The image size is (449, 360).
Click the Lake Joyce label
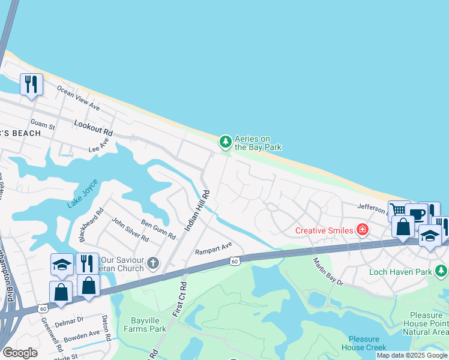coord(82,194)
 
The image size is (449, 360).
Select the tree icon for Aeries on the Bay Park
coord(225,142)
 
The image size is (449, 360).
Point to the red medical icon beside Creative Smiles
coord(362,229)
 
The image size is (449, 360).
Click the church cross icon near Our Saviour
coord(153,262)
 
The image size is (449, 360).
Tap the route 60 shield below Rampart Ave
coord(235,260)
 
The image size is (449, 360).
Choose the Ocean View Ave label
coord(78,97)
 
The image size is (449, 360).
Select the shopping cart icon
coord(398,211)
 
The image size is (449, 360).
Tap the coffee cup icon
coord(416,214)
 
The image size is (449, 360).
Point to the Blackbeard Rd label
coord(91,224)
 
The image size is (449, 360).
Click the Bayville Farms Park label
coord(145,325)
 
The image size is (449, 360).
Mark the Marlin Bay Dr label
coord(328,271)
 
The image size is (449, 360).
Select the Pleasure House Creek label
coord(368,343)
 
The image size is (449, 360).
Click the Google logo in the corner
coord(20,352)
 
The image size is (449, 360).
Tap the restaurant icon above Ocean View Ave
coord(31,83)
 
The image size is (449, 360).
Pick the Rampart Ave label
coord(213,247)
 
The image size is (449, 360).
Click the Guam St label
coord(43,125)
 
